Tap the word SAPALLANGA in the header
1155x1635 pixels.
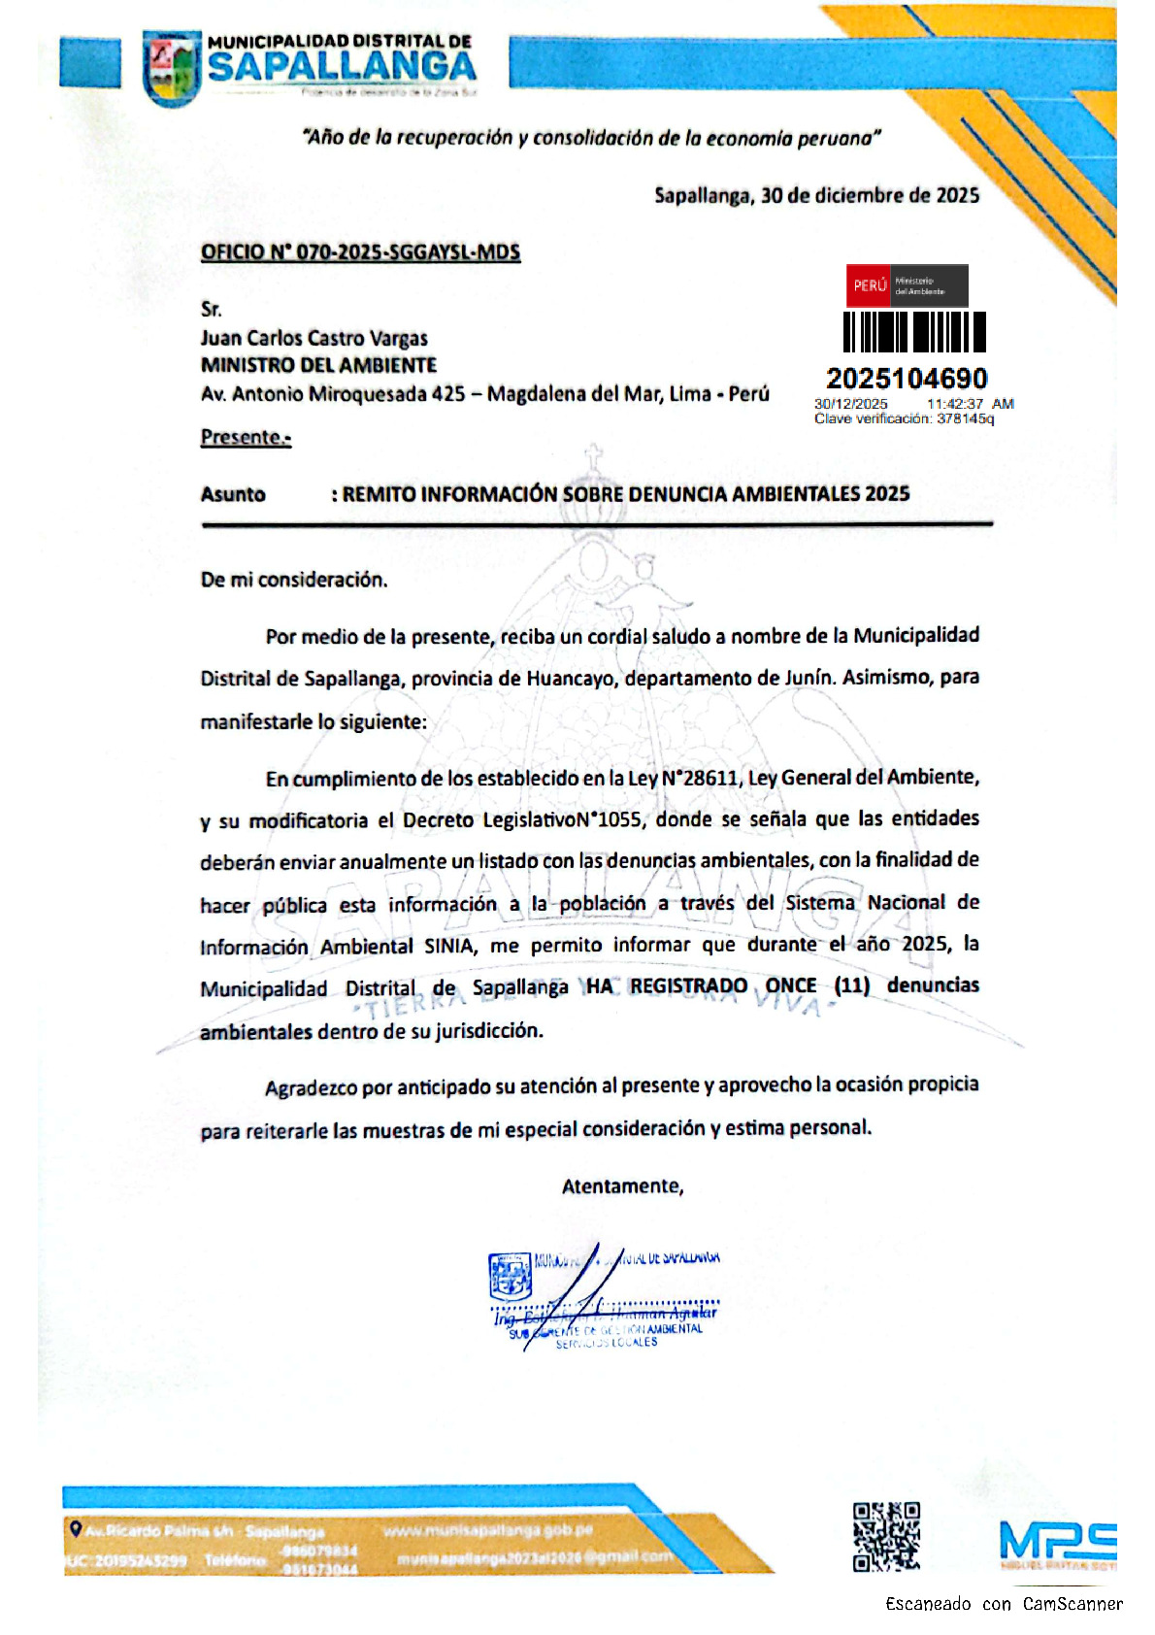342,67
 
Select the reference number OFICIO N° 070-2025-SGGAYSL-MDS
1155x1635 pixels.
360,252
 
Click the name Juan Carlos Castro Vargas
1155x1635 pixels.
313,338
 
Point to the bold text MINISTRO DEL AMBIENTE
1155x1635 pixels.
318,365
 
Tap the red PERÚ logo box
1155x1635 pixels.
870,285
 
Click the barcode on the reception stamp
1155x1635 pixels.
913,332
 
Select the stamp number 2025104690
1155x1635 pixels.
906,379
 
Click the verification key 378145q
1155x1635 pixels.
965,418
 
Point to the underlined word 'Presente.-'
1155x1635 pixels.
246,437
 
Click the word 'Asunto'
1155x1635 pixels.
233,494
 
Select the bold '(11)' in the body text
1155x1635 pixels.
851,985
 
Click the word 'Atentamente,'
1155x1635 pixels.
622,1185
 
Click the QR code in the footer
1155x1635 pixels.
885,1536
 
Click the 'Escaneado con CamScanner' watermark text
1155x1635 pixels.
1004,1604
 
